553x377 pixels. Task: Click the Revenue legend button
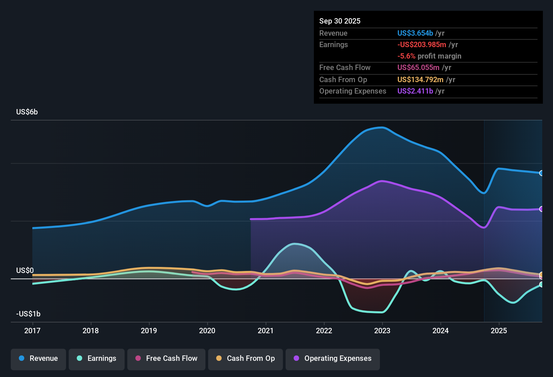(x=38, y=358)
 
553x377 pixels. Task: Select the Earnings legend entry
(x=97, y=358)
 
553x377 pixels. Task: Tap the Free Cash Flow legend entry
(x=166, y=358)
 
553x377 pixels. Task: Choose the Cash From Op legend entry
(x=246, y=358)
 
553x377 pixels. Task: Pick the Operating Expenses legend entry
(x=333, y=358)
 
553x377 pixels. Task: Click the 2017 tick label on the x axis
(x=32, y=331)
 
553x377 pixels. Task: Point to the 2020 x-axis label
(x=207, y=331)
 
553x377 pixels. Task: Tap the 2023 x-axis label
(x=382, y=331)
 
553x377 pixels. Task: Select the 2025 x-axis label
(x=499, y=331)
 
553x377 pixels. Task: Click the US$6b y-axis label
(x=27, y=112)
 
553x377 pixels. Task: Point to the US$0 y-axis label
(x=25, y=271)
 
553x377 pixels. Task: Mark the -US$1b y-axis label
(x=28, y=314)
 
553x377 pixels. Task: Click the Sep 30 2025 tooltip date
(x=340, y=21)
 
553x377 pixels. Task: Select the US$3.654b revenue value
(x=415, y=33)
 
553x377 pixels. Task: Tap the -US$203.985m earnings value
(x=422, y=45)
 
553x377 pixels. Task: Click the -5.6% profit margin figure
(x=406, y=56)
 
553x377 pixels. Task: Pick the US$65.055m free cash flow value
(x=418, y=68)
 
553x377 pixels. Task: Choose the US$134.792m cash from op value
(x=420, y=80)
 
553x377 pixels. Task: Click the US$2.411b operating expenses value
(x=415, y=91)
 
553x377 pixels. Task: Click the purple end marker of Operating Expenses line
(x=541, y=209)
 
